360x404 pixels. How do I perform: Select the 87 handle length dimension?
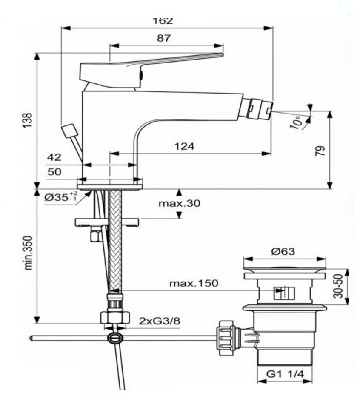(163, 38)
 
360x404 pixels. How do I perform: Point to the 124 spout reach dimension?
(184, 146)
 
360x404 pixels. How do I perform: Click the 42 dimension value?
(54, 157)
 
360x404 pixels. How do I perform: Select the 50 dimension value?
(54, 172)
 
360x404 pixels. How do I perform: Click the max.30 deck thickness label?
(179, 203)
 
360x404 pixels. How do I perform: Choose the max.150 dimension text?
(193, 283)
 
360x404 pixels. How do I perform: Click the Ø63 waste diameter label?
(283, 251)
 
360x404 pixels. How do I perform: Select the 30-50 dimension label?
(340, 287)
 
